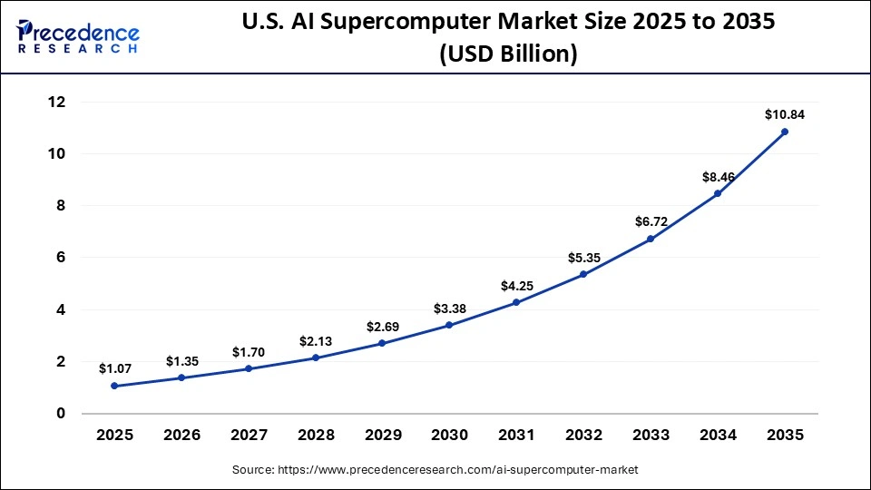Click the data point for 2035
785,132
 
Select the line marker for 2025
114,386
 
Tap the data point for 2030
449,325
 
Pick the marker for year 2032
583,274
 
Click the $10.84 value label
785,115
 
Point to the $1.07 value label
114,369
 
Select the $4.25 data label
516,286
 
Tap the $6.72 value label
651,222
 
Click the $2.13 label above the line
316,341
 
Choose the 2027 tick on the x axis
249,436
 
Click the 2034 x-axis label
718,436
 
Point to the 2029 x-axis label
382,436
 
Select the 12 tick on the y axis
56,103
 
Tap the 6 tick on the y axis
61,258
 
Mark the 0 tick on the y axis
61,414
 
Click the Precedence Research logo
78,37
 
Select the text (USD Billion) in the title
508,54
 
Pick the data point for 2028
316,358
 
